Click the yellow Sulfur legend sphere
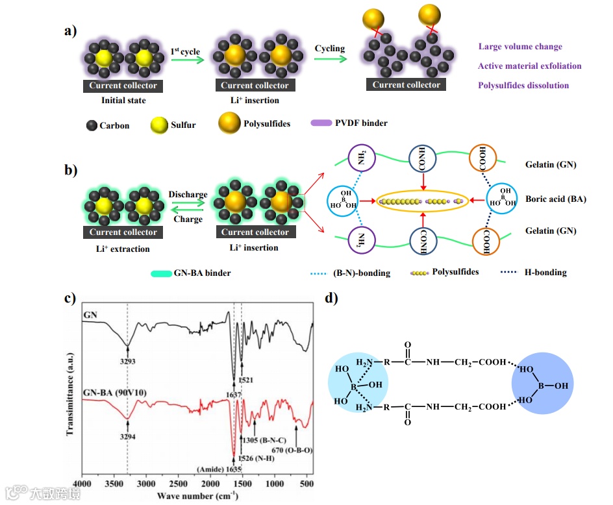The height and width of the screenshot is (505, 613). click(x=159, y=124)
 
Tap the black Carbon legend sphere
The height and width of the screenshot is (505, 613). click(x=91, y=125)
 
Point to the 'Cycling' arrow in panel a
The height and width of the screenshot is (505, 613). click(x=330, y=59)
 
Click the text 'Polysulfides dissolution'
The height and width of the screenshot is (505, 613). click(x=523, y=85)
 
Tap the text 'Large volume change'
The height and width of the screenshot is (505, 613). click(x=520, y=46)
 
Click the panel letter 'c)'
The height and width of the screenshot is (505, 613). click(x=70, y=299)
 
